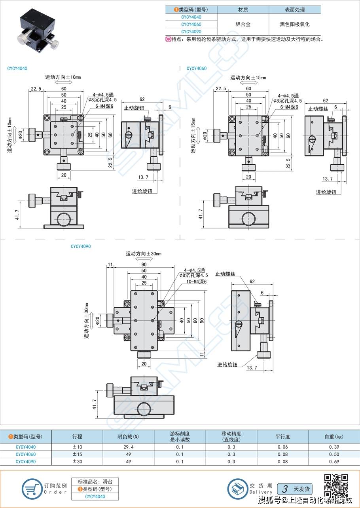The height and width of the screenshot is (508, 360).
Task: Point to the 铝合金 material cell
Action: coord(243,24)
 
